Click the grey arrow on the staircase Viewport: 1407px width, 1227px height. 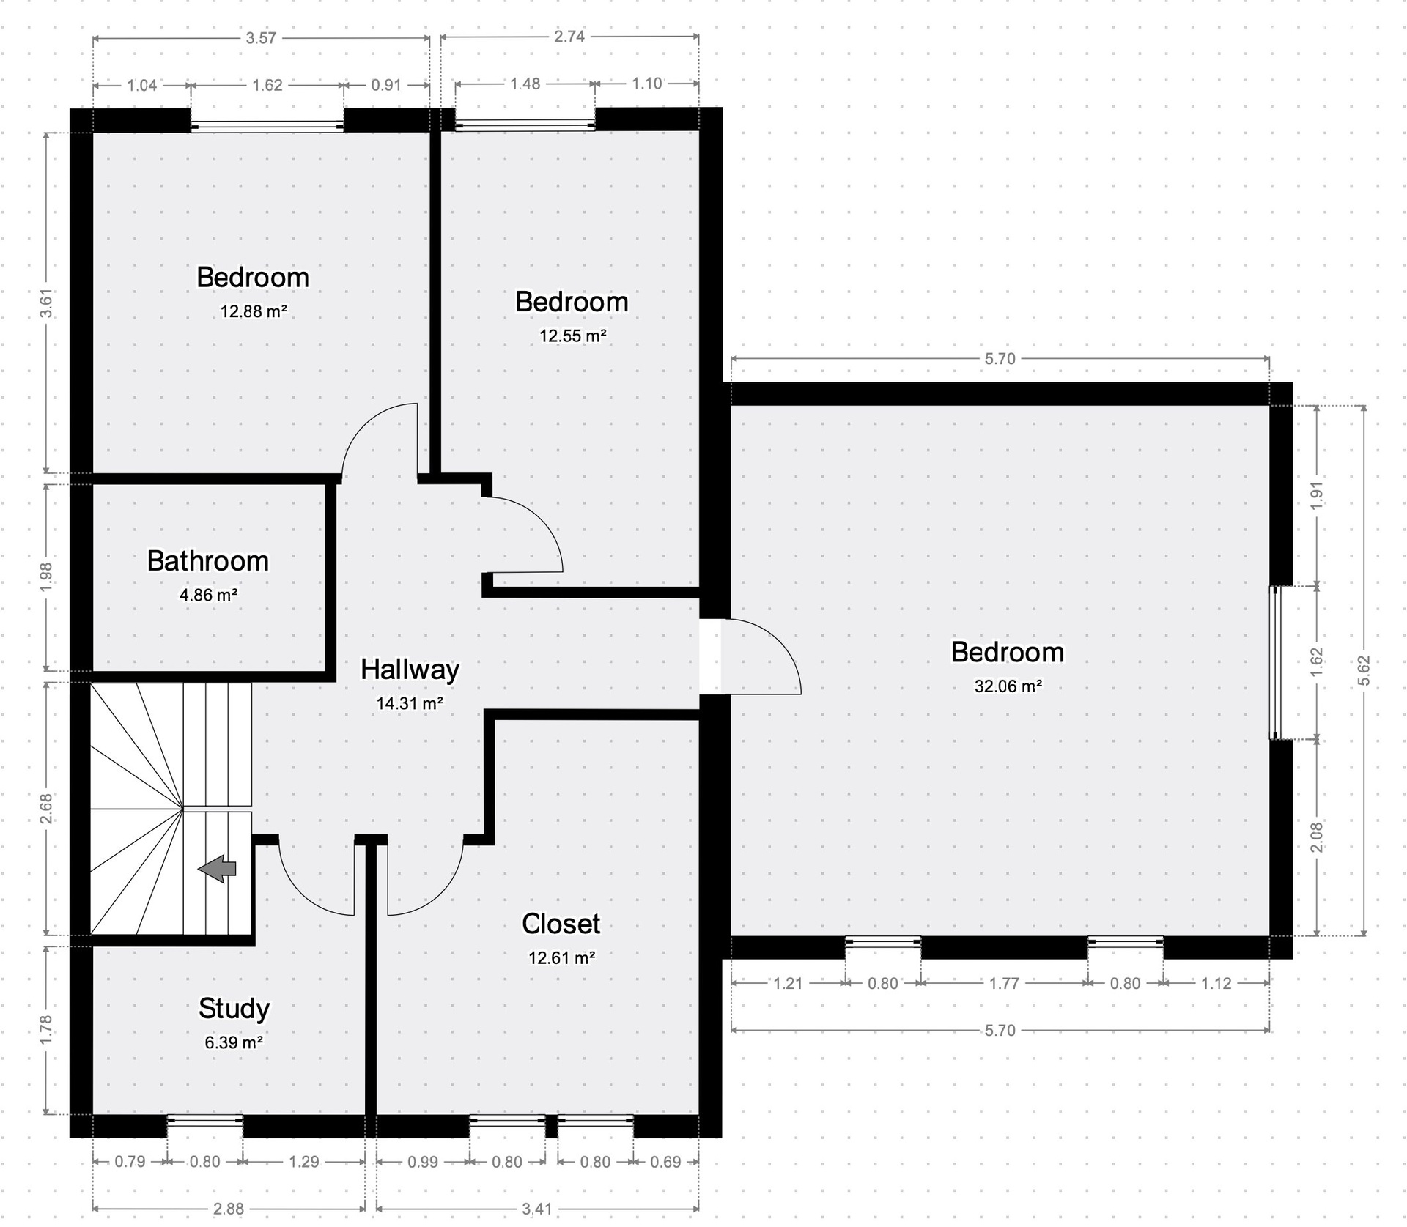218,870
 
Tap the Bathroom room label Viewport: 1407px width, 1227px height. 208,561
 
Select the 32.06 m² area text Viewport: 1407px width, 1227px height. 1008,686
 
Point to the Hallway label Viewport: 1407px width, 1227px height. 410,670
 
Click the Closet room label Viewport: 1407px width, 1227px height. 561,924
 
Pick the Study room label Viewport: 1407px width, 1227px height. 234,1009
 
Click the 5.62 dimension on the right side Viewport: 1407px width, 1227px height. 1364,671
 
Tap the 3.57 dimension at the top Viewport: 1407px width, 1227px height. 261,38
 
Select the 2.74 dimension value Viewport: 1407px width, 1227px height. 569,37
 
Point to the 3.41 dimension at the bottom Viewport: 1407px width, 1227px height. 537,1209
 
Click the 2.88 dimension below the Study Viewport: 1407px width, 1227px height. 229,1209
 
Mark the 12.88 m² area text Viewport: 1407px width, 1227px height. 254,311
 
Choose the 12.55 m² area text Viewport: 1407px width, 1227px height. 573,336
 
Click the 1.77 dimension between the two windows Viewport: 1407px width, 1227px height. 1004,983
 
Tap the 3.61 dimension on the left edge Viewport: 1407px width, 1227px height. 46,303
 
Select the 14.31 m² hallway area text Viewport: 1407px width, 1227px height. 410,704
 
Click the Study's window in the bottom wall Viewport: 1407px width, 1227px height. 204,1119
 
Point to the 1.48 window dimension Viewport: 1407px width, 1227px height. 525,84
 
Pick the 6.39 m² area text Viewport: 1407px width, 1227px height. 234,1042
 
